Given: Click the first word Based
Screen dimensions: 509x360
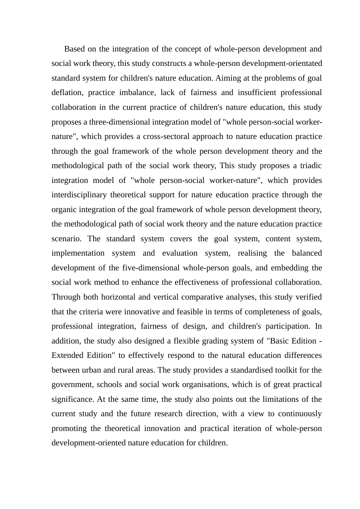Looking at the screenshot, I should [75, 49].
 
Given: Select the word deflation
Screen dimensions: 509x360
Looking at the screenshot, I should [67, 93].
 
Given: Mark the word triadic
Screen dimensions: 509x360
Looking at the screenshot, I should [308, 166].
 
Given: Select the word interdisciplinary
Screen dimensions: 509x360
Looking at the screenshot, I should [79, 195].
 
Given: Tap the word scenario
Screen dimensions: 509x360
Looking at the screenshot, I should [66, 239].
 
